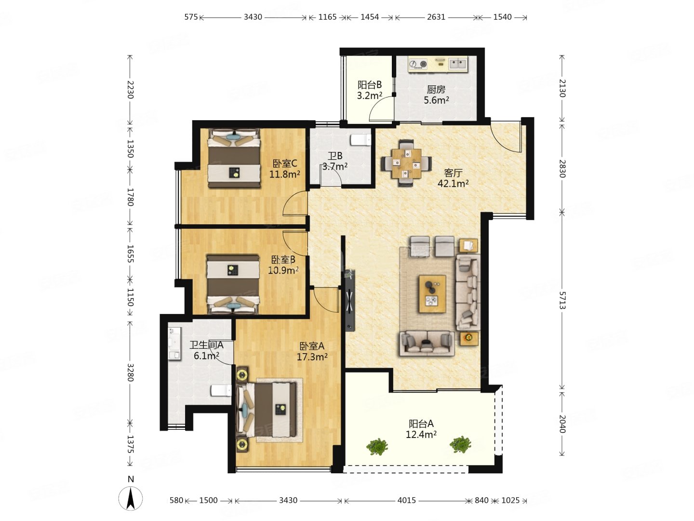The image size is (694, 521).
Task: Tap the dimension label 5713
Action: pyautogui.click(x=562, y=300)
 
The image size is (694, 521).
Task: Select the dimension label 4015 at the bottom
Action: pyautogui.click(x=407, y=500)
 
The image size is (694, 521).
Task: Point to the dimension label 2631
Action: pyautogui.click(x=436, y=17)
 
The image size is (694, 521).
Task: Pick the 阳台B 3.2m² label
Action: pyautogui.click(x=370, y=90)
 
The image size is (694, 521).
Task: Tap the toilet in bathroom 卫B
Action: pyautogui.click(x=360, y=140)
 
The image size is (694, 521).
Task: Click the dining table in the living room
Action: pyautogui.click(x=406, y=163)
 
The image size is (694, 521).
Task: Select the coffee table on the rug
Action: pyautogui.click(x=432, y=294)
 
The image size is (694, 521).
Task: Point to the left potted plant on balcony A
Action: pyautogui.click(x=377, y=447)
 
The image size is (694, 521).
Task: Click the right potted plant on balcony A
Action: pyautogui.click(x=460, y=444)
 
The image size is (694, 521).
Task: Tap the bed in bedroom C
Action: pyautogui.click(x=234, y=158)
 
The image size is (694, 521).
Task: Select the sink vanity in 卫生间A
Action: pyautogui.click(x=174, y=343)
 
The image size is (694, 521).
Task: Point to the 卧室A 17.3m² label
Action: pyautogui.click(x=312, y=351)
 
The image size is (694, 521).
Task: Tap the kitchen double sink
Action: pyautogui.click(x=458, y=64)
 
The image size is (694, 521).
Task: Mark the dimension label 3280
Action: pyautogui.click(x=130, y=372)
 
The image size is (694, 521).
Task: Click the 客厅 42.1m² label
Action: pyautogui.click(x=453, y=178)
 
